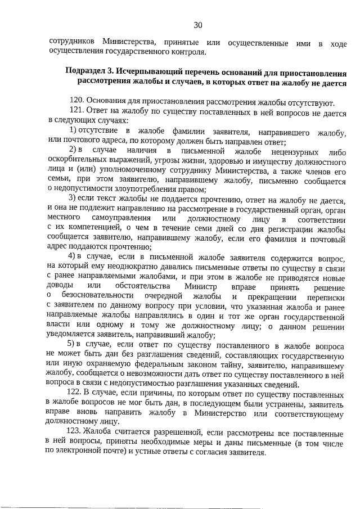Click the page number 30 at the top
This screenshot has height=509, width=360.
[197, 25]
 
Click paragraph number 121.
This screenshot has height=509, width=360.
[76, 111]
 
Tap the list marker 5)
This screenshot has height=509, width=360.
[72, 344]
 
